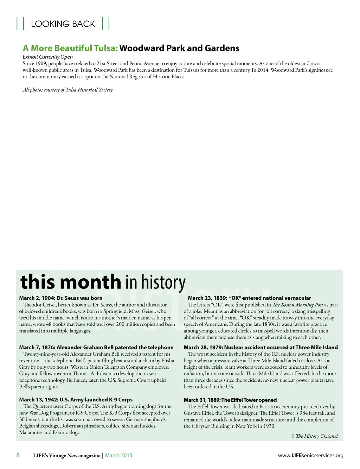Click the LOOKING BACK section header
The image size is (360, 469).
[63, 24]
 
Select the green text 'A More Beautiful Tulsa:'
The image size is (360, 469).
[70, 48]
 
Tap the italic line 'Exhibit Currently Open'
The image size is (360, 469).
[48, 57]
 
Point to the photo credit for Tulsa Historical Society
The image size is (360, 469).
[68, 90]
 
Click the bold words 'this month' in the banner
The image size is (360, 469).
[71, 282]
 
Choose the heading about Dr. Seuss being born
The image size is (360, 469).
[61, 298]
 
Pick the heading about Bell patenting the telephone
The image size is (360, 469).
[96, 347]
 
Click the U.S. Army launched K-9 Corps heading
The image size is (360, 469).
[76, 400]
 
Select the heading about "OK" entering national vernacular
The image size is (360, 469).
[250, 298]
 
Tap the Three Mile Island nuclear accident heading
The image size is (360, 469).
[261, 347]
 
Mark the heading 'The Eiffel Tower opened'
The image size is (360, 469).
[230, 400]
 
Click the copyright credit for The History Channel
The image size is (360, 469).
[314, 436]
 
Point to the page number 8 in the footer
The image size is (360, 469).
[18, 455]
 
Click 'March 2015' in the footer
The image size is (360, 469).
[119, 456]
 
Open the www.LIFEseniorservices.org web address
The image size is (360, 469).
[311, 456]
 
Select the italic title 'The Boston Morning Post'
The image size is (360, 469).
[298, 305]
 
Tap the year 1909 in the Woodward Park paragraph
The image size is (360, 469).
[41, 64]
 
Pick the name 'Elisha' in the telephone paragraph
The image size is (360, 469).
[168, 361]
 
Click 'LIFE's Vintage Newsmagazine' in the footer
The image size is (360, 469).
[67, 456]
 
